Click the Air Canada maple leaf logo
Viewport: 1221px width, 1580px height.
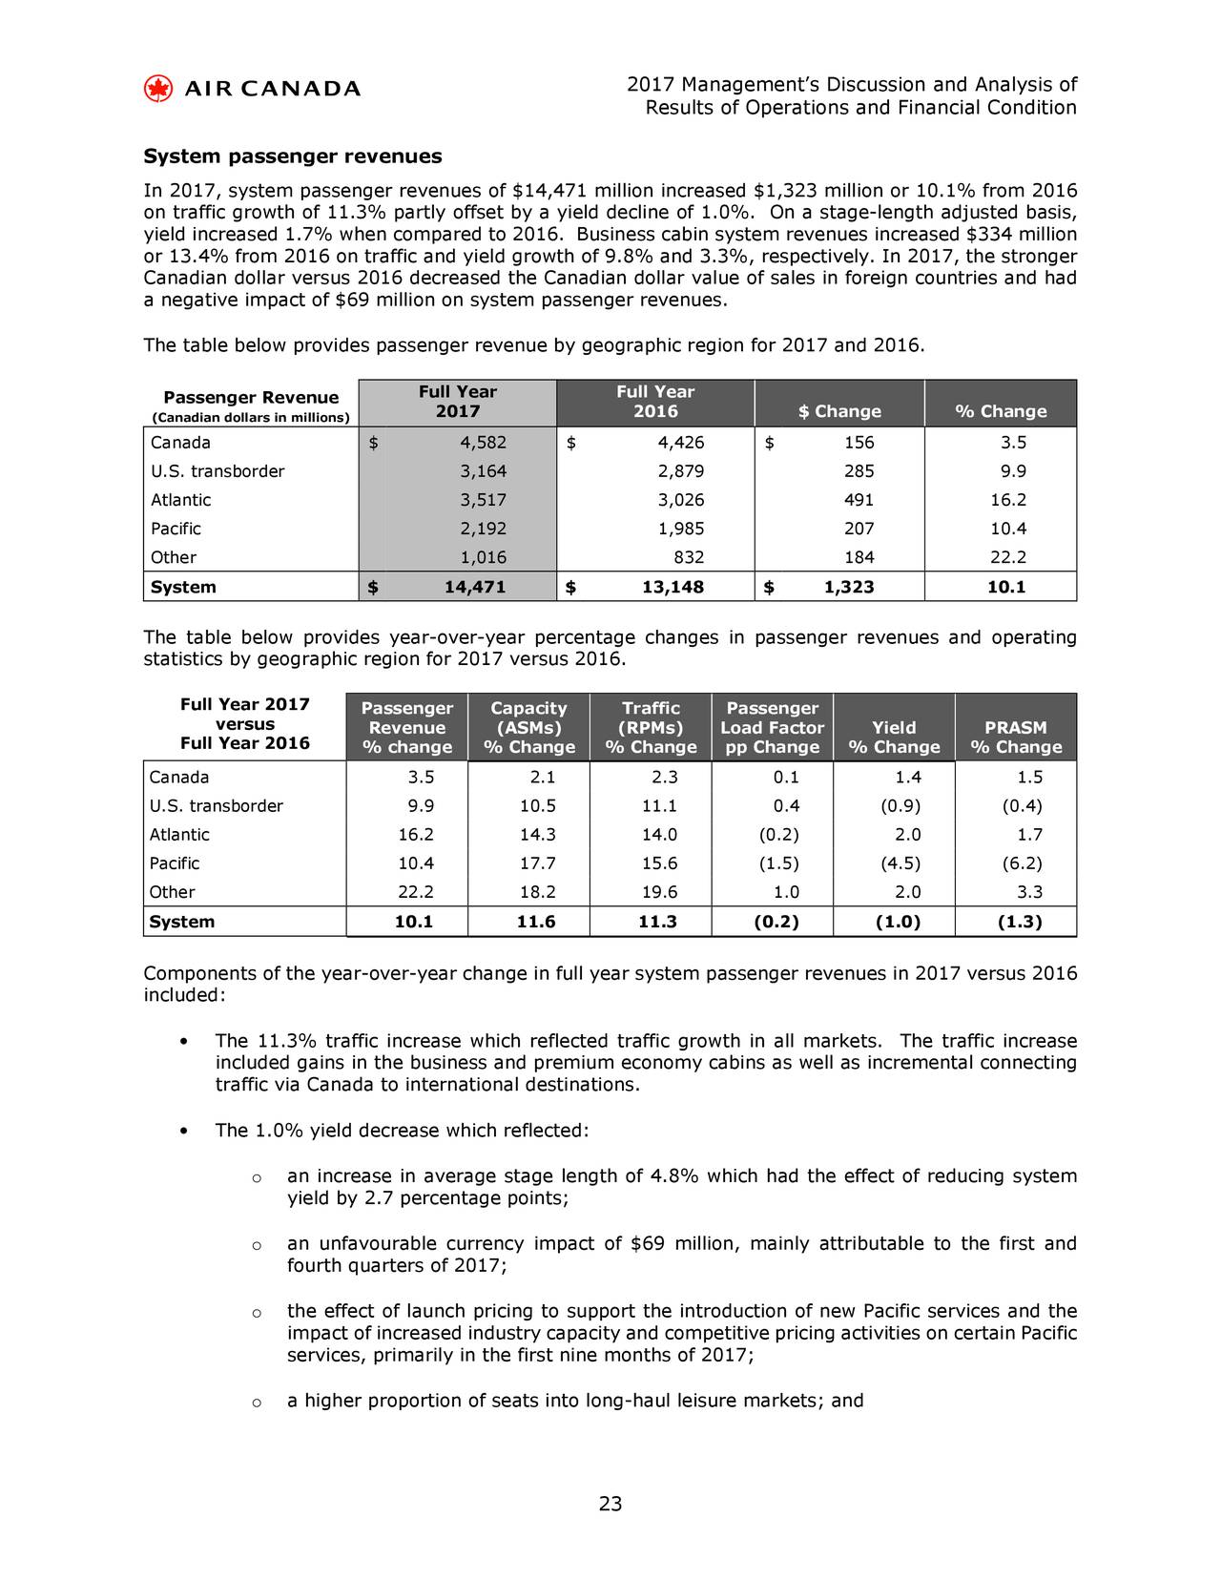coord(157,89)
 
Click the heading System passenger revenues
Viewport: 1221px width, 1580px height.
coord(292,156)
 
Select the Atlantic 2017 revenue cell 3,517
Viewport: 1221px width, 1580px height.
coord(483,500)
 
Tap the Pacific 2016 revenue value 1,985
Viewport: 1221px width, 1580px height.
coord(680,529)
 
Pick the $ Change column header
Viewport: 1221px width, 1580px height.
coord(839,411)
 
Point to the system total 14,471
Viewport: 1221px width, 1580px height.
coord(475,587)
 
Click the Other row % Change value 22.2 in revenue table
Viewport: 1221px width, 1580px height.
coord(1006,557)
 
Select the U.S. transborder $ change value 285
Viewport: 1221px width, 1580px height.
coord(859,471)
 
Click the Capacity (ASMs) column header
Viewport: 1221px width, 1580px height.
coord(528,727)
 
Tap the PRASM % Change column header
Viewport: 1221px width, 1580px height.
coord(1015,737)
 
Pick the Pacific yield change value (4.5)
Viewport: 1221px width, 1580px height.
coord(900,863)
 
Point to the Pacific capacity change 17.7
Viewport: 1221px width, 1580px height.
coord(537,863)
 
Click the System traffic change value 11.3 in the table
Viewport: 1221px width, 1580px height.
coord(657,922)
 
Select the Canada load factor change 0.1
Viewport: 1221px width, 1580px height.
coord(787,778)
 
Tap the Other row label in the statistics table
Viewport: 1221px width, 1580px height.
coord(172,893)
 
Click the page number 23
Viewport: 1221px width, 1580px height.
coord(610,1505)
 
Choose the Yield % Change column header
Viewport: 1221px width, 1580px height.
coord(894,737)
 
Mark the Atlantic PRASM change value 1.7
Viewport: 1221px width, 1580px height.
coord(1028,835)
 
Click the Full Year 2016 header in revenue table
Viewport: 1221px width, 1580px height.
coord(655,402)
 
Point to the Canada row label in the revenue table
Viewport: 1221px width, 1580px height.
coord(180,443)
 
